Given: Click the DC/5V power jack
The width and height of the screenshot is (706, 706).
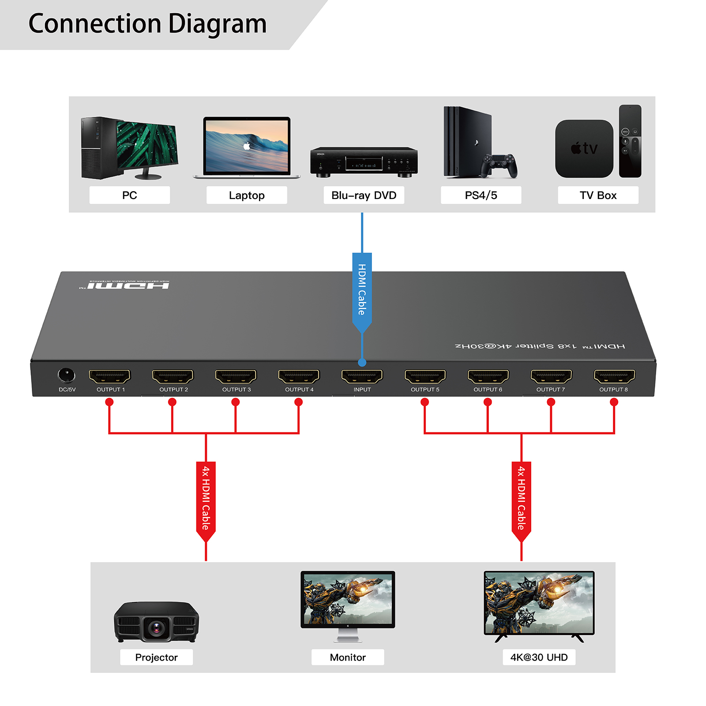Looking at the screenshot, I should coord(66,376).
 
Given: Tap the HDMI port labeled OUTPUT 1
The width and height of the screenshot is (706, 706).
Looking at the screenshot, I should coord(110,376).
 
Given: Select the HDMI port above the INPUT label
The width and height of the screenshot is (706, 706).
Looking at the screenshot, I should coord(362,376).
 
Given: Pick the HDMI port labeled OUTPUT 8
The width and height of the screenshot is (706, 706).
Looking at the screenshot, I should coord(614,376).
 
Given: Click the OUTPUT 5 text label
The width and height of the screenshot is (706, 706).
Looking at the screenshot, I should coord(425,390).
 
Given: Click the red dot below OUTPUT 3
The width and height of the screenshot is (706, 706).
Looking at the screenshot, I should coord(236,402).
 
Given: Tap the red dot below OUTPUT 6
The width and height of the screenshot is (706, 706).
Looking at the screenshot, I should coord(488,402).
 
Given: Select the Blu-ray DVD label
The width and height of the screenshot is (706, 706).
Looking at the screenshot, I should coord(364,195).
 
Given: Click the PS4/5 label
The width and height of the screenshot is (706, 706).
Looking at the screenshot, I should coord(481,195).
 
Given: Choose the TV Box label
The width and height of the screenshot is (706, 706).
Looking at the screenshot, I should coord(598,195).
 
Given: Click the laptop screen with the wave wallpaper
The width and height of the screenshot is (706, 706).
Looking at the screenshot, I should coord(247,145).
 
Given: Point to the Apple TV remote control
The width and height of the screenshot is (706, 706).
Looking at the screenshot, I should coord(630,141).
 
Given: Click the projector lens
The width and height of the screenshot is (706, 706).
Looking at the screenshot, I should coord(157,627).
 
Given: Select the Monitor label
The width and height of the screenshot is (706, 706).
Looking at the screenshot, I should coord(348,657).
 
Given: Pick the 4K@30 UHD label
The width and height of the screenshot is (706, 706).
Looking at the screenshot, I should coord(539,657).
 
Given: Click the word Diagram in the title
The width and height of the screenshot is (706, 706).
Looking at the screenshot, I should coord(218,24).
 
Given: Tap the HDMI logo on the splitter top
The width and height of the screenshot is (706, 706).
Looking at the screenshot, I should coord(128,285).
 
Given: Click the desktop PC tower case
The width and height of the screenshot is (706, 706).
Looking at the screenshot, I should coord(96,147).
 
